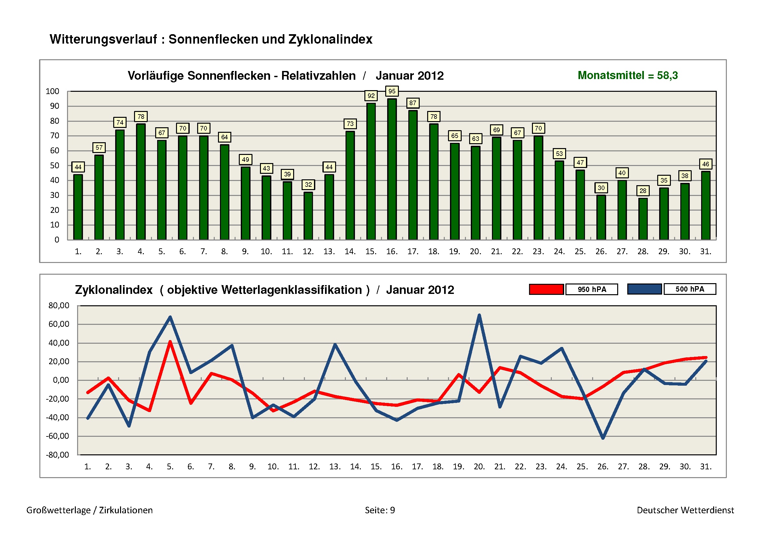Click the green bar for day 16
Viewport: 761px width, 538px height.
[392, 169]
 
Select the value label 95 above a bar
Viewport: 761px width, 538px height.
[392, 91]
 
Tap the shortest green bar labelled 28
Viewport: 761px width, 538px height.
[643, 219]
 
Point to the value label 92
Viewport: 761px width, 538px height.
[371, 96]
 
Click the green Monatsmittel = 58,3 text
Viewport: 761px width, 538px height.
[627, 76]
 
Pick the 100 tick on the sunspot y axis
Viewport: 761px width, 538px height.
[52, 91]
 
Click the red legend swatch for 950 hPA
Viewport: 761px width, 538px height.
[546, 289]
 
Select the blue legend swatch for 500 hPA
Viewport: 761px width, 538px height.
[644, 289]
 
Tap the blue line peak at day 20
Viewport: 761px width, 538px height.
[479, 315]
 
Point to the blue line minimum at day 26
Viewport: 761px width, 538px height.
[603, 438]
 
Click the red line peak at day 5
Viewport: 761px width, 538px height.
[170, 342]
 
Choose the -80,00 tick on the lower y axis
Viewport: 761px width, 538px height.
[58, 455]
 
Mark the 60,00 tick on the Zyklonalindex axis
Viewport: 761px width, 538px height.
[59, 324]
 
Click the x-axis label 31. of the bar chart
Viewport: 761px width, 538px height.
[706, 252]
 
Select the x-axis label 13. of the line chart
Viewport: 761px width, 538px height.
[335, 467]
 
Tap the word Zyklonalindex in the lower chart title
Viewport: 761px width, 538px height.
[114, 290]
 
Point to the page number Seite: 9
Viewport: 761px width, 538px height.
[380, 510]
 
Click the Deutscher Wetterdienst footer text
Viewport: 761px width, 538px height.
[685, 510]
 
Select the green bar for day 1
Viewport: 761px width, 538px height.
[78, 207]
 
